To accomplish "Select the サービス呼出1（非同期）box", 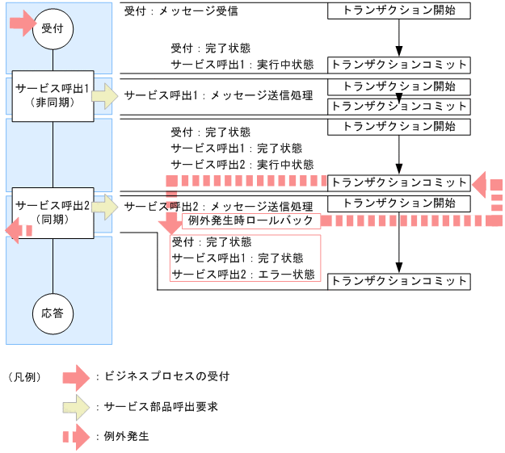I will pyautogui.click(x=53, y=94).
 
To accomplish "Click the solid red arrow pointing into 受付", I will pyautogui.click(x=22, y=23).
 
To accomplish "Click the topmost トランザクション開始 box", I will pyautogui.click(x=398, y=11).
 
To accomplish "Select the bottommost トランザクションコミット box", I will pyautogui.click(x=398, y=281).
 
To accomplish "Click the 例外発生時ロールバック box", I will pyautogui.click(x=252, y=220).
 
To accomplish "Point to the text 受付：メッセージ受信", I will pyautogui.click(x=181, y=12).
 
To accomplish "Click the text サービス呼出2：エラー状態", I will pyautogui.click(x=237, y=274).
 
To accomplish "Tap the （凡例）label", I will pyautogui.click(x=24, y=377).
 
